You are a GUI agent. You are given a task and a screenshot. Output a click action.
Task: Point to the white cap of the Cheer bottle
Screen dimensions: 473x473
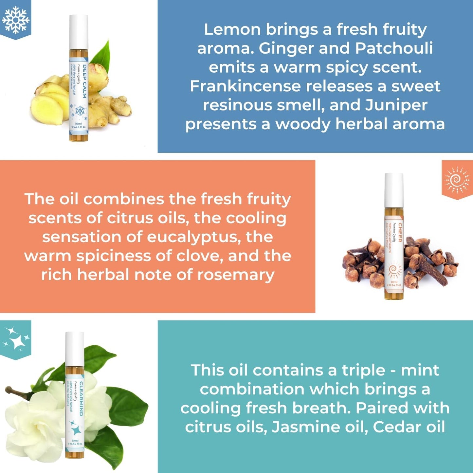click(394, 190)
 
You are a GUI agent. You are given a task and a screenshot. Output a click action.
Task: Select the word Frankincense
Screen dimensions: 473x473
click(245, 86)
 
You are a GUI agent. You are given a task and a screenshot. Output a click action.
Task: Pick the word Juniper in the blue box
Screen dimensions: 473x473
click(396, 105)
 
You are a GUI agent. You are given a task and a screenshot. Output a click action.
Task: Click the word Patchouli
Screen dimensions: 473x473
click(394, 48)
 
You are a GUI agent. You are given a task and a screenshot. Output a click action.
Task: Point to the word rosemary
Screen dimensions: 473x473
click(236, 275)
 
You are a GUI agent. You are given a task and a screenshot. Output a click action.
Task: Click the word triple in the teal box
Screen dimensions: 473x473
click(363, 370)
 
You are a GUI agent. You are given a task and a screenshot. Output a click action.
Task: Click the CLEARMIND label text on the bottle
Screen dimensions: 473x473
click(81, 399)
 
